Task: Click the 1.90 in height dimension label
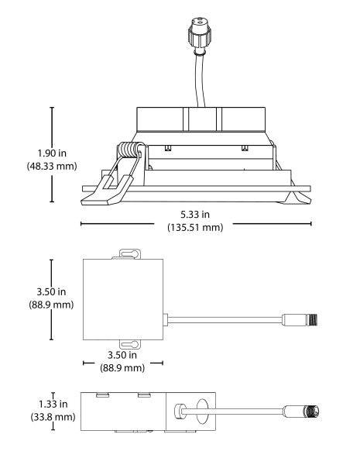[x=52, y=153]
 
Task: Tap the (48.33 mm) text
[x=52, y=166]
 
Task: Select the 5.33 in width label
[x=195, y=214]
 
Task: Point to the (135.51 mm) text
[x=195, y=227]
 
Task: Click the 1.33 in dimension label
[x=53, y=404]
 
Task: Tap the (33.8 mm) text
[x=53, y=417]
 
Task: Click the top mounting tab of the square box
[x=129, y=254]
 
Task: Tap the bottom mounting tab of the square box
[x=129, y=344]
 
